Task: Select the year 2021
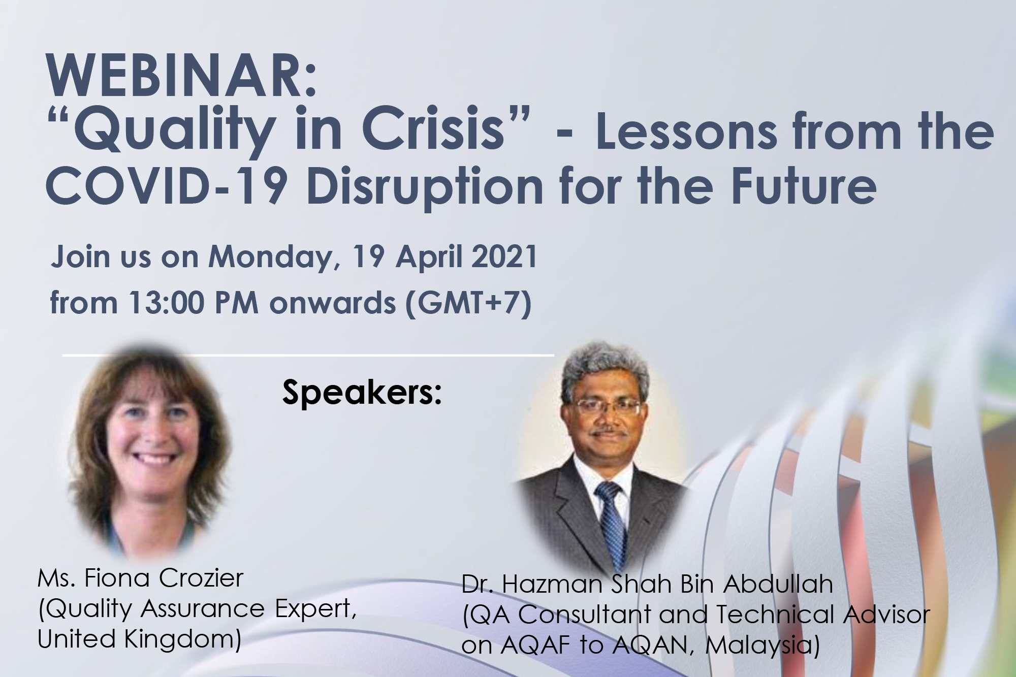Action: tap(504, 256)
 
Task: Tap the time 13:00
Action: tap(166, 303)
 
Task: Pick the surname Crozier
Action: tap(201, 578)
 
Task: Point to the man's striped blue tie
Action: tap(612, 523)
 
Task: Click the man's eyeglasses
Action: tap(607, 407)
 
